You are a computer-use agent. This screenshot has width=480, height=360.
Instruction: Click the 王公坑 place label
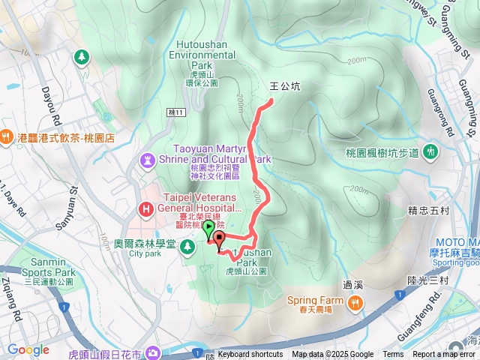click(285, 86)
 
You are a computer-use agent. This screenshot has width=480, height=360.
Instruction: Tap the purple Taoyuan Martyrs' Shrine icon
click(148, 160)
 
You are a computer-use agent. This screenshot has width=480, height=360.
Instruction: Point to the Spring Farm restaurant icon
click(355, 301)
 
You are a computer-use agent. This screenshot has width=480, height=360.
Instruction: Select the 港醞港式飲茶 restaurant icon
click(7, 137)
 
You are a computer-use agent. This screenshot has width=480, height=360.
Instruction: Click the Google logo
click(28, 349)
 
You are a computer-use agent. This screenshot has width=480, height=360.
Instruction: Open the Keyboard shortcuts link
click(250, 355)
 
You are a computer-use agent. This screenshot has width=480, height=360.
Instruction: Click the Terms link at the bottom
click(393, 355)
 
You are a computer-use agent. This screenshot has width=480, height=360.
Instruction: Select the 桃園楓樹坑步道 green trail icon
click(431, 151)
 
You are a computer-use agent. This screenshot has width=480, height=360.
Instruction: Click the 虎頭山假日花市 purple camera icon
click(153, 352)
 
